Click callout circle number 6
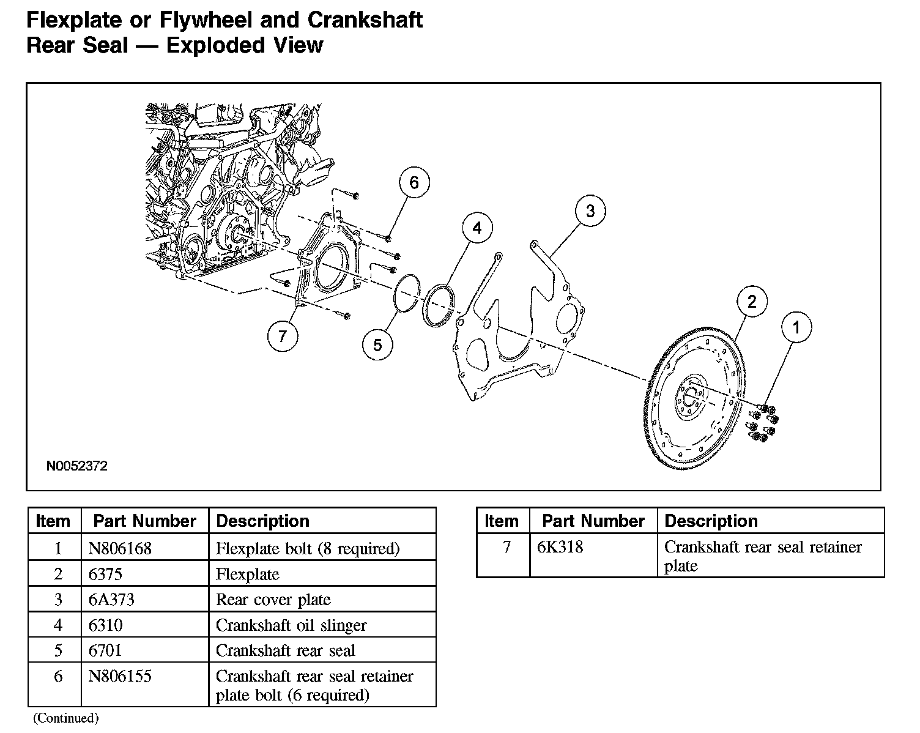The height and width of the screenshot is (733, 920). pyautogui.click(x=414, y=182)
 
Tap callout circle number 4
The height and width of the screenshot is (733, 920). pyautogui.click(x=477, y=228)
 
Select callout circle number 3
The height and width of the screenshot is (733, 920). pyautogui.click(x=590, y=211)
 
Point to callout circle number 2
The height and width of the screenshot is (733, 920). pyautogui.click(x=752, y=301)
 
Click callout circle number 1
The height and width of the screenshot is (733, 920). pyautogui.click(x=796, y=327)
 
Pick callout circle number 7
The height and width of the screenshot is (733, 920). pyautogui.click(x=283, y=336)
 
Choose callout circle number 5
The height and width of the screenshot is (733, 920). pyautogui.click(x=377, y=345)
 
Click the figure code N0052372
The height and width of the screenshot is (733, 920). pyautogui.click(x=77, y=466)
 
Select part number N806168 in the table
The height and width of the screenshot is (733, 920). pyautogui.click(x=120, y=548)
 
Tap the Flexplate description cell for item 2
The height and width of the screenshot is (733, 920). pyautogui.click(x=247, y=574)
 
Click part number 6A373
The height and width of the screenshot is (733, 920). pyautogui.click(x=111, y=600)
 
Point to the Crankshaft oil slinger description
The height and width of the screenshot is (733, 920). pyautogui.click(x=291, y=625)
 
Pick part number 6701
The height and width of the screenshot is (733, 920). pyautogui.click(x=105, y=650)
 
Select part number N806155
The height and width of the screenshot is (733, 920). pyautogui.click(x=120, y=677)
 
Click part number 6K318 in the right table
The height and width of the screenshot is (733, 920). pyautogui.click(x=560, y=547)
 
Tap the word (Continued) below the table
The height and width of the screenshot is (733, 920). pyautogui.click(x=65, y=718)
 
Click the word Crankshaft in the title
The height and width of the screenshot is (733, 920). pyautogui.click(x=365, y=20)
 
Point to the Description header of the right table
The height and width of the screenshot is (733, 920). pyautogui.click(x=711, y=521)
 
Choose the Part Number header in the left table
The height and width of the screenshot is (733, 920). pyautogui.click(x=144, y=521)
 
